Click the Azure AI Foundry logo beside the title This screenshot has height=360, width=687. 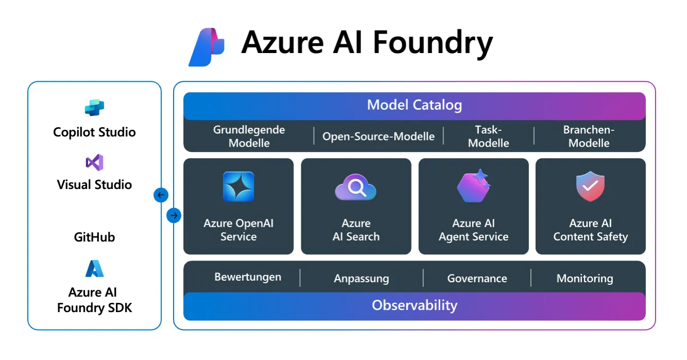[x=207, y=47]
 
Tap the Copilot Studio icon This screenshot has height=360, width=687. [x=94, y=108]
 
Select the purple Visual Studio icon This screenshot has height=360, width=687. [x=94, y=162]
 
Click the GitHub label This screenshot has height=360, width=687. [x=94, y=237]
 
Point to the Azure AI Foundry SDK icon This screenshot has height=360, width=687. [x=94, y=269]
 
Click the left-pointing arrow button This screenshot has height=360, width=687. [x=161, y=195]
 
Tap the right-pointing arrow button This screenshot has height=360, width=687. [x=174, y=215]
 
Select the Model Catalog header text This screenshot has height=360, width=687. [x=414, y=105]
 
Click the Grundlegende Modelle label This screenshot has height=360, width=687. [x=249, y=136]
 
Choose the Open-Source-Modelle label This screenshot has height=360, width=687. [x=379, y=136]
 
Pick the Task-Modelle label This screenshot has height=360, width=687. [x=488, y=136]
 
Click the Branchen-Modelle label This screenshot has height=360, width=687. [x=589, y=136]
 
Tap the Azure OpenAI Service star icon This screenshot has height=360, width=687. [x=238, y=186]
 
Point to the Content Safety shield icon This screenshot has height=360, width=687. [x=590, y=187]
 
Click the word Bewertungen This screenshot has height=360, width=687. [x=248, y=277]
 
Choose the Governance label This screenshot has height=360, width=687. [x=477, y=279]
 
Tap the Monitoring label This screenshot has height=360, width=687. [x=585, y=279]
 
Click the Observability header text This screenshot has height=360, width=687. [x=414, y=305]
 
